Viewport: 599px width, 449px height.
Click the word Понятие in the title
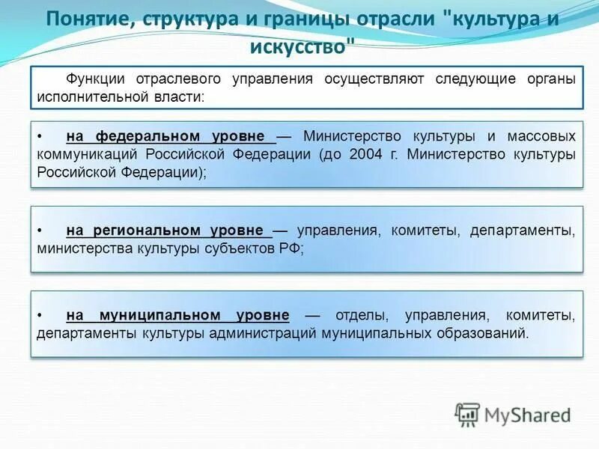point(84,19)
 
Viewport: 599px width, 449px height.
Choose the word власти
point(182,97)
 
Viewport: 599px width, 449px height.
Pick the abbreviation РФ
point(289,248)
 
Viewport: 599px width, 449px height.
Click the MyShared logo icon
point(468,415)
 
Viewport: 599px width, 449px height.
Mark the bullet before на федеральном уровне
point(40,136)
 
